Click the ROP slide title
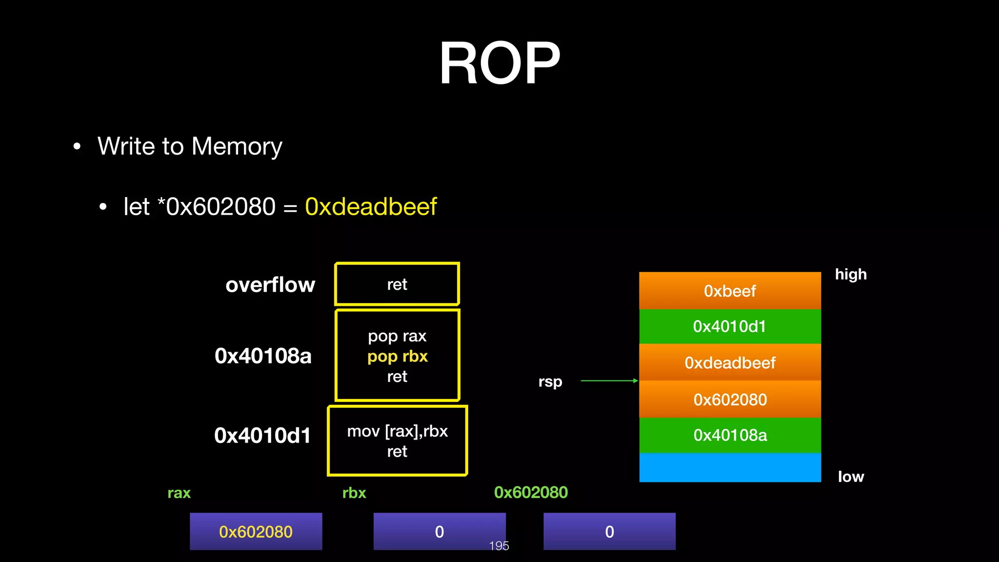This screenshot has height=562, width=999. click(x=499, y=63)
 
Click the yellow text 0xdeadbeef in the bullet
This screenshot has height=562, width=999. click(x=371, y=207)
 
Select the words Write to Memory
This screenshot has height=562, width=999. click(x=190, y=146)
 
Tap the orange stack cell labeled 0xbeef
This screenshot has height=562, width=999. click(x=730, y=291)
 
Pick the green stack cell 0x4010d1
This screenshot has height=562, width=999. click(x=730, y=326)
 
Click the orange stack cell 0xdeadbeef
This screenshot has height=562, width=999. click(x=730, y=362)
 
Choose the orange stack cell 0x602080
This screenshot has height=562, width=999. click(x=730, y=400)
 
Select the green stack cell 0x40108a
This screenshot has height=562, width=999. click(x=730, y=435)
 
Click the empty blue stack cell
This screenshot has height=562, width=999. click(x=730, y=467)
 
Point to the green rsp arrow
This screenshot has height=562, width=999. click(x=609, y=381)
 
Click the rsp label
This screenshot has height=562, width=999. click(x=550, y=381)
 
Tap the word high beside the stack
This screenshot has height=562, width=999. click(x=851, y=274)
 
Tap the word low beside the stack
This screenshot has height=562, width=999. click(x=851, y=477)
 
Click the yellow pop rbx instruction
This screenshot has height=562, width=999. click(x=397, y=356)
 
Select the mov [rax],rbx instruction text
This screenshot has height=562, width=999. click(x=397, y=431)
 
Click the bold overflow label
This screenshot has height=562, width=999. click(x=270, y=284)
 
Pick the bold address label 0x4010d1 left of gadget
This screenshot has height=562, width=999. click(x=262, y=435)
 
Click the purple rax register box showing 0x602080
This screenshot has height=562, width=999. click(x=256, y=531)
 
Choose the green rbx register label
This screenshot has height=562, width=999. click(x=354, y=493)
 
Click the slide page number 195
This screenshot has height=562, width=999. click(x=499, y=546)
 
